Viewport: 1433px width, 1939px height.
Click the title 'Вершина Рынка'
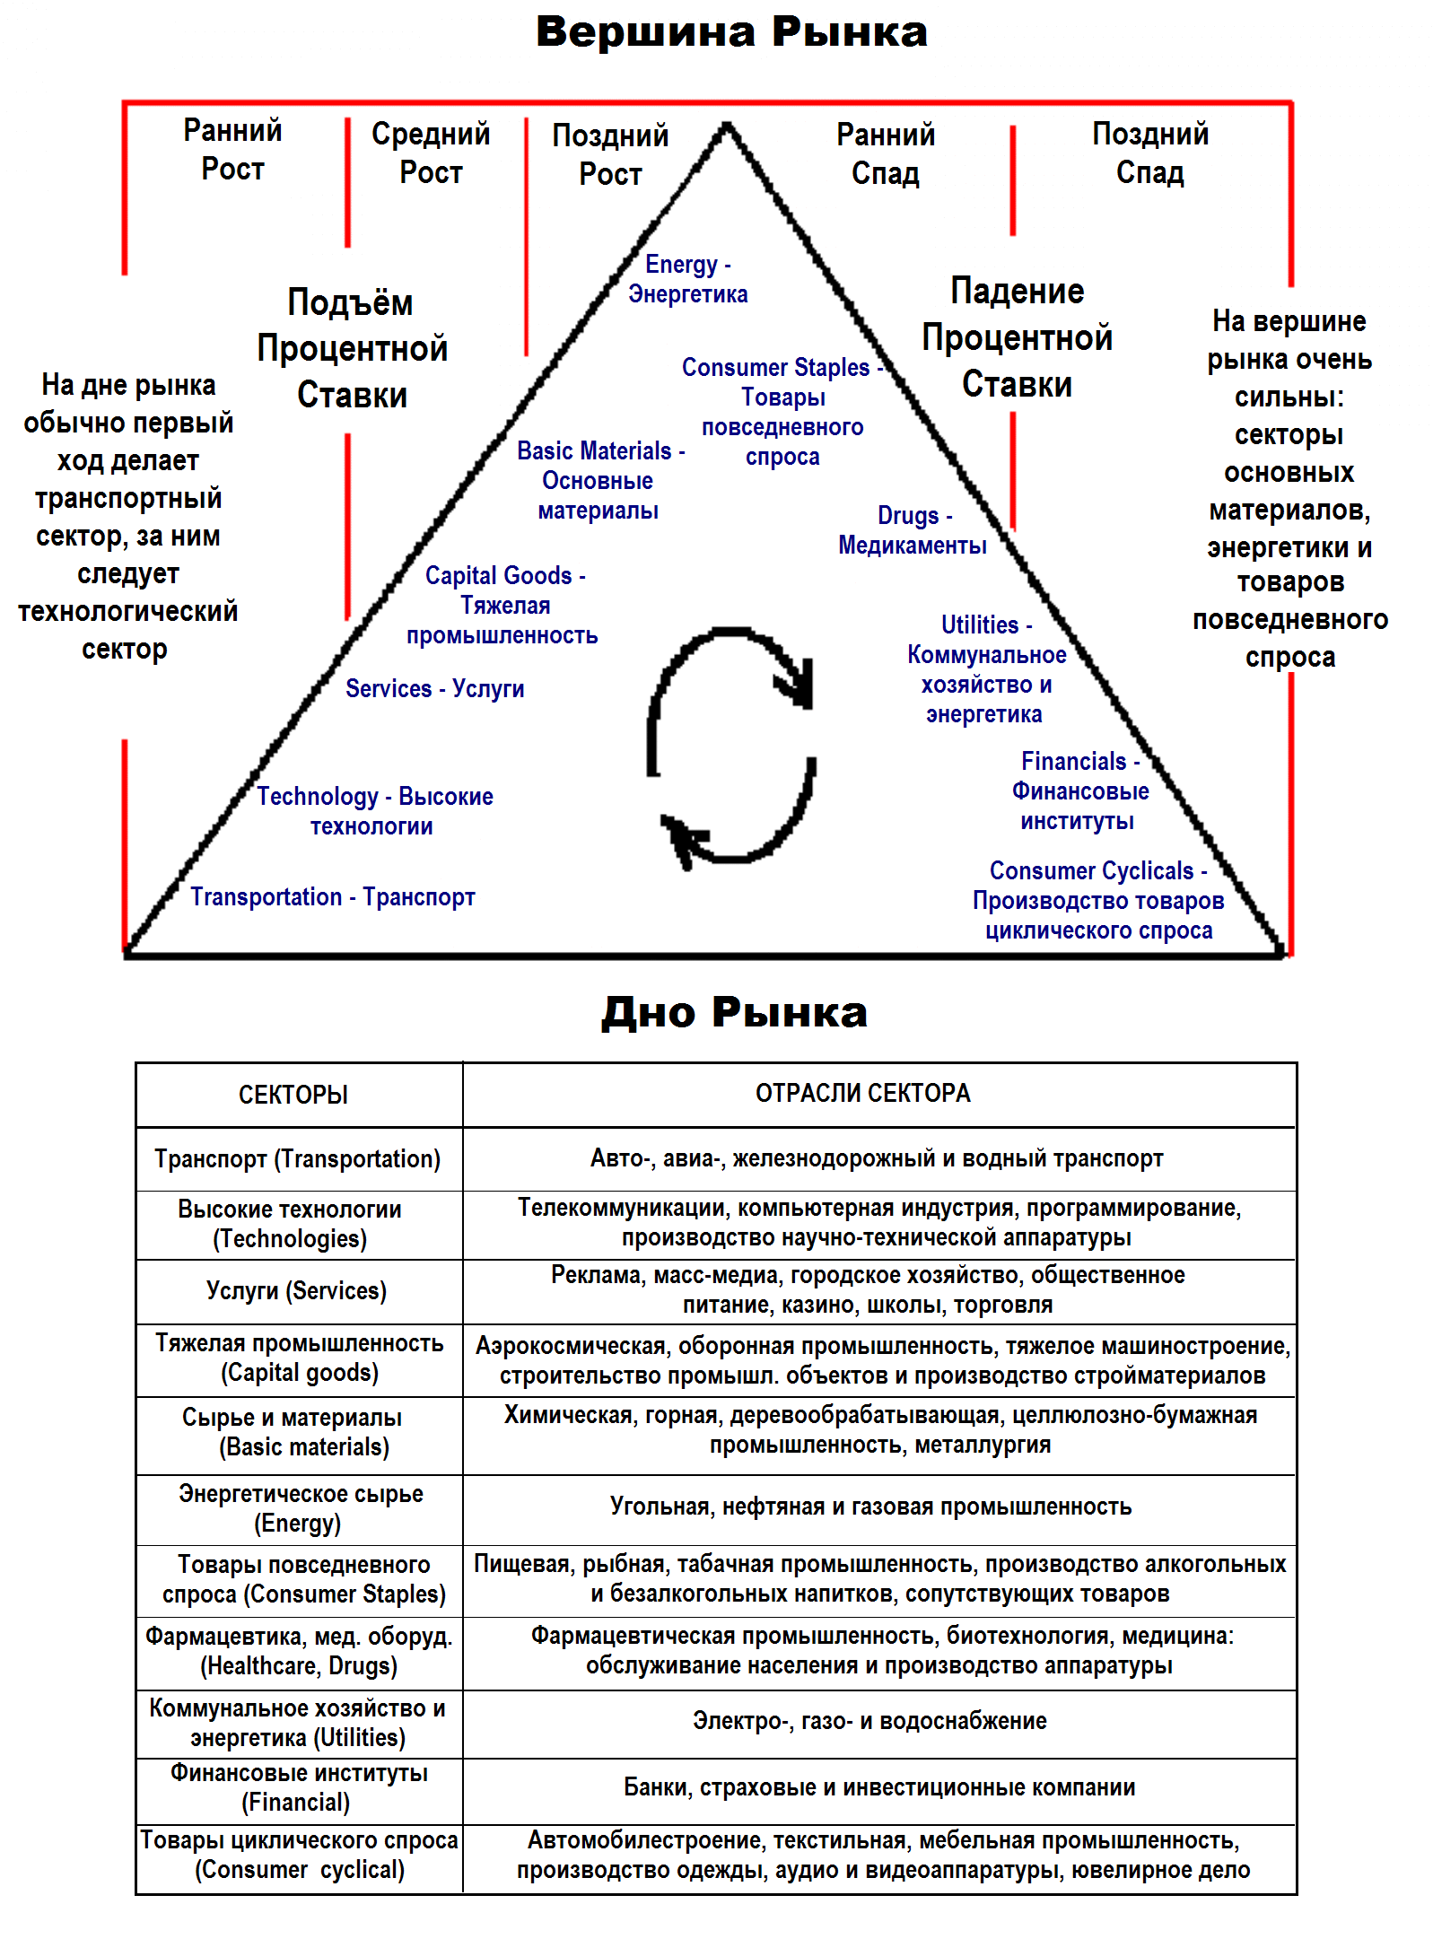point(731,32)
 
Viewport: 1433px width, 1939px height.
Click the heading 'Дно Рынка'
point(734,1012)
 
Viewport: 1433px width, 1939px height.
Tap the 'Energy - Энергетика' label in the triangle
point(687,279)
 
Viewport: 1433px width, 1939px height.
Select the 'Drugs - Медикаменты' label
point(913,530)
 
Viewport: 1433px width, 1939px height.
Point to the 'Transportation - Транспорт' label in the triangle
point(332,896)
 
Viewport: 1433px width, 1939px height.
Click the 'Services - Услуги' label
point(434,688)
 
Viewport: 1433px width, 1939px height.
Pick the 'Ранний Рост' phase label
point(232,150)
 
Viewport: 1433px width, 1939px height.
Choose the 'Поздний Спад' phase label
point(1149,153)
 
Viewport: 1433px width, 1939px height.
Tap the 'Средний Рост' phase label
point(431,153)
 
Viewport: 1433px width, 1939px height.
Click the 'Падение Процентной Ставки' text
point(1017,337)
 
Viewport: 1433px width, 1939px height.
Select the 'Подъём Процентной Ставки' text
point(352,348)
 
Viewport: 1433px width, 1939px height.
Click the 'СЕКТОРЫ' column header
point(293,1095)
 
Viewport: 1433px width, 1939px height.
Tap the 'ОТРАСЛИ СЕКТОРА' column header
point(862,1093)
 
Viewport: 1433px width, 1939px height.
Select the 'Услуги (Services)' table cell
point(296,1290)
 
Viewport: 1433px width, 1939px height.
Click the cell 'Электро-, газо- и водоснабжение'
point(869,1721)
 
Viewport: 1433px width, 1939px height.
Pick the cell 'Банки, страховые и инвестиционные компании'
point(878,1787)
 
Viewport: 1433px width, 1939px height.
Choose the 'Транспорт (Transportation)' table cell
point(297,1158)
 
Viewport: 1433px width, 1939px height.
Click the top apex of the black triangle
point(727,127)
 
